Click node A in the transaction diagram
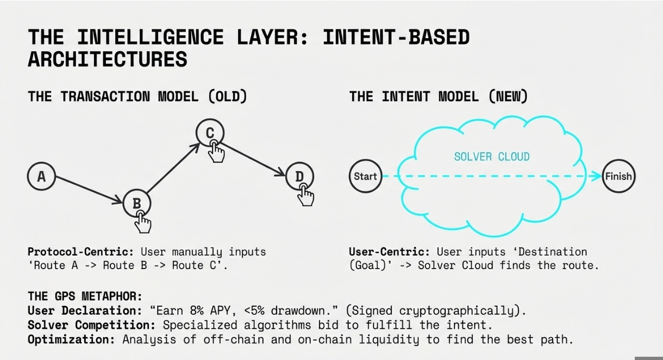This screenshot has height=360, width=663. pyautogui.click(x=41, y=176)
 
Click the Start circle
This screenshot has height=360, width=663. pyautogui.click(x=365, y=176)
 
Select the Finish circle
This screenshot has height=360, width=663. pyautogui.click(x=618, y=176)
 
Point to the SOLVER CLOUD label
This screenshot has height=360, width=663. pyautogui.click(x=491, y=157)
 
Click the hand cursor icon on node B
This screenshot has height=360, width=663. pyautogui.click(x=143, y=222)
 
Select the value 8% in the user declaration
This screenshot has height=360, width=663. pyautogui.click(x=189, y=311)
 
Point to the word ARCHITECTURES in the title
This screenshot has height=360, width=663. pyautogui.click(x=108, y=59)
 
